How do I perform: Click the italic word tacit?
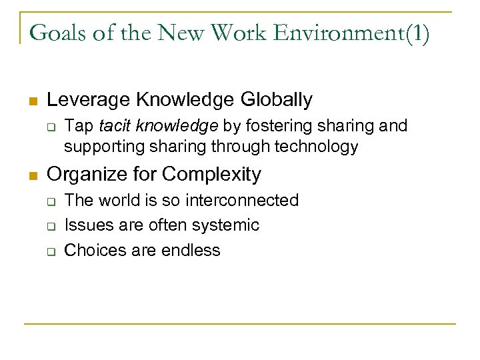click(114, 127)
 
